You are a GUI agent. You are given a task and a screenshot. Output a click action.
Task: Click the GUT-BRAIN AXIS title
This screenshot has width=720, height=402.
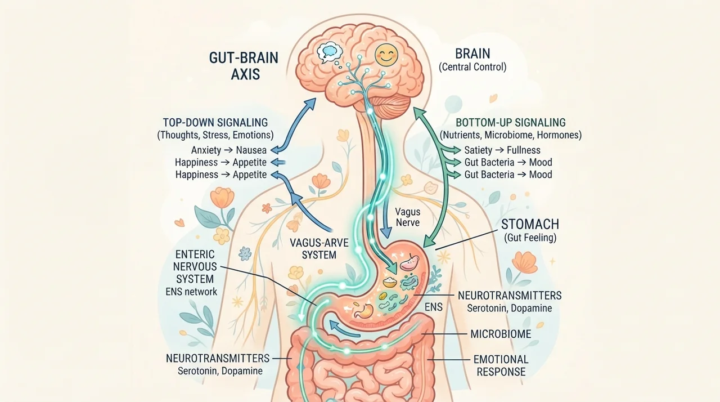pyautogui.click(x=244, y=66)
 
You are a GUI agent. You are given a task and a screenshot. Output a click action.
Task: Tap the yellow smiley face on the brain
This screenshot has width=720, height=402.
pyautogui.click(x=386, y=55)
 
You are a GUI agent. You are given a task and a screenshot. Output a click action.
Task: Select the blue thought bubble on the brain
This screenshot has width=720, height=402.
pyautogui.click(x=329, y=52)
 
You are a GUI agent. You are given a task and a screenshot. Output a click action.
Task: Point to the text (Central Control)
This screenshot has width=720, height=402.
pyautogui.click(x=472, y=67)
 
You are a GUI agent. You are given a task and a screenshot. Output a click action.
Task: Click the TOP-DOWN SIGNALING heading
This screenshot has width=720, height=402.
pyautogui.click(x=215, y=123)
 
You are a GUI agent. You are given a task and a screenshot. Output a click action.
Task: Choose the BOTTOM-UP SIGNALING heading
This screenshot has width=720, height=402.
pyautogui.click(x=511, y=123)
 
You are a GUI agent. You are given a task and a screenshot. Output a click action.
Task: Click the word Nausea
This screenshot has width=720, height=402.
pyautogui.click(x=251, y=150)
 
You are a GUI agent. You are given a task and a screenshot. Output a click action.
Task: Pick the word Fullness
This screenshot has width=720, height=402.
pyautogui.click(x=524, y=150)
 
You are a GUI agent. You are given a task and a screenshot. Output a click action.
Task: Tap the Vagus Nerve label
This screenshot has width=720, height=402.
pyautogui.click(x=408, y=217)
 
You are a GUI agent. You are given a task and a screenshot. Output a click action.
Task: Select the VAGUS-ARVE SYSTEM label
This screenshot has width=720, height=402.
pyautogui.click(x=319, y=249)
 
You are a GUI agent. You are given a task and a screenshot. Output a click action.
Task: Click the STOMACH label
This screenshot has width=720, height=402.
pyautogui.click(x=530, y=224)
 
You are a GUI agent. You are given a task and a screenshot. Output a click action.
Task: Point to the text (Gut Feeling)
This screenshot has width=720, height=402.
pyautogui.click(x=530, y=238)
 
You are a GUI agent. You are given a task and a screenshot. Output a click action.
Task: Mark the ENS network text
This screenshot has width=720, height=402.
pyautogui.click(x=191, y=292)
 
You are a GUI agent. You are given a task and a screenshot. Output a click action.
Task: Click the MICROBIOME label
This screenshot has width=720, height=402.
pyautogui.click(x=501, y=334)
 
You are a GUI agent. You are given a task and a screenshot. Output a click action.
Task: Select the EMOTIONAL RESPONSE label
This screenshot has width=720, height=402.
pyautogui.click(x=501, y=365)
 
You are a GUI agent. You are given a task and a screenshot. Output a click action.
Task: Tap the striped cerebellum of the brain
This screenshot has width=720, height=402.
pyautogui.click(x=391, y=106)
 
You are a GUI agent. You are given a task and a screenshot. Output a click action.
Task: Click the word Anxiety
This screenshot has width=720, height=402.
pyautogui.click(x=206, y=150)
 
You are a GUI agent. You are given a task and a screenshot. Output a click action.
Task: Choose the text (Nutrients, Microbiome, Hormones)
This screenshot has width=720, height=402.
pyautogui.click(x=511, y=135)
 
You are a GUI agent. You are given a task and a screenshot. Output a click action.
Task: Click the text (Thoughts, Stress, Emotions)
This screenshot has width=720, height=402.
pyautogui.click(x=215, y=135)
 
